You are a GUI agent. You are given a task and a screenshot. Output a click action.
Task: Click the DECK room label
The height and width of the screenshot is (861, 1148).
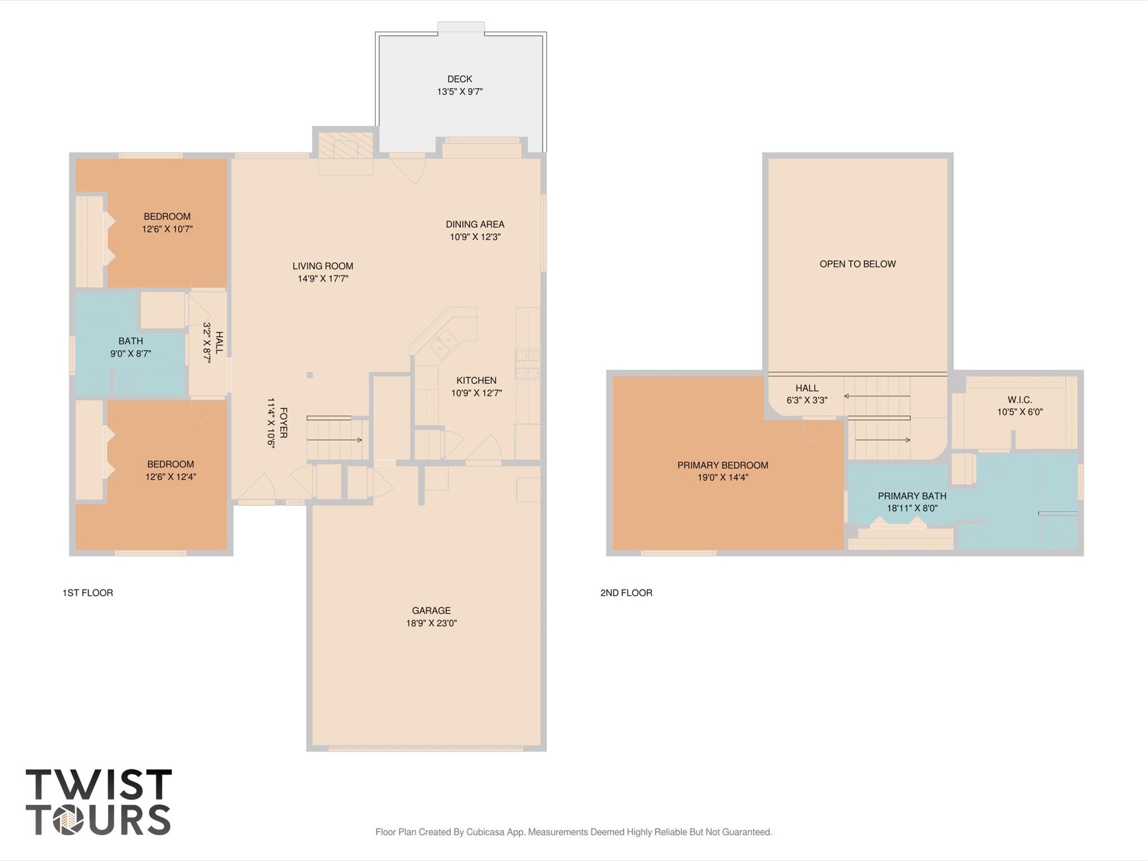(459, 79)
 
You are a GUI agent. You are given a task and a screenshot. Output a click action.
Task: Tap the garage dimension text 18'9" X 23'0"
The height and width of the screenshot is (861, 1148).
(431, 623)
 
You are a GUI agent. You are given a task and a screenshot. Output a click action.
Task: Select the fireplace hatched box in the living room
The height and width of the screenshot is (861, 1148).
(345, 145)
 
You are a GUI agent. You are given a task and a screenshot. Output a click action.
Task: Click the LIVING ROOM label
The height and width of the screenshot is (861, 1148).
(322, 266)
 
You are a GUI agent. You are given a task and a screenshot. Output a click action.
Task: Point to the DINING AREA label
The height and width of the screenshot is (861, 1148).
(475, 224)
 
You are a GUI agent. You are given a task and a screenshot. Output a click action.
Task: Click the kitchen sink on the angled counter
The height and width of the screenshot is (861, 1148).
(444, 343)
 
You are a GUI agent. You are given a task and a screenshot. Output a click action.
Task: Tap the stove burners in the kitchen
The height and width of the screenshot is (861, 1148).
(527, 363)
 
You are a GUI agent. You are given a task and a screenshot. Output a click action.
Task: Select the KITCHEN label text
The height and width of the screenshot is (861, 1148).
(476, 380)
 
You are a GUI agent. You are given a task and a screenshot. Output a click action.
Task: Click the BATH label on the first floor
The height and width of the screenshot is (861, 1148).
(131, 341)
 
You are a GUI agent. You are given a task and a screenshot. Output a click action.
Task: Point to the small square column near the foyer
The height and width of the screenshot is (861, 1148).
(310, 375)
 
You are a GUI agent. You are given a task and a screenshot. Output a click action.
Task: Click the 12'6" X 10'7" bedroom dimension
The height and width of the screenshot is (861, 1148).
(167, 229)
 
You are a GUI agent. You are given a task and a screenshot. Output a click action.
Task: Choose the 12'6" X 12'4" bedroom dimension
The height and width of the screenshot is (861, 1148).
(170, 477)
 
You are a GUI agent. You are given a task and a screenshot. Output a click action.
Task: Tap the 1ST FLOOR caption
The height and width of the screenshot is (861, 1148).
(87, 593)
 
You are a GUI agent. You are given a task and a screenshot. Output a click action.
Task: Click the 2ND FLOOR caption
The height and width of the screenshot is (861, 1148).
(626, 593)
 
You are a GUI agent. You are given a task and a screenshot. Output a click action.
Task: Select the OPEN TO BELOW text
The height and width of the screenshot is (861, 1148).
(857, 264)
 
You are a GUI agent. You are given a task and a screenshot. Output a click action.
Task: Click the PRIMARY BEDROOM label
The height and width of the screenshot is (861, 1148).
(722, 465)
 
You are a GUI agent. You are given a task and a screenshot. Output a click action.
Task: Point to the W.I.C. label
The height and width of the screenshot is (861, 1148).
(1019, 400)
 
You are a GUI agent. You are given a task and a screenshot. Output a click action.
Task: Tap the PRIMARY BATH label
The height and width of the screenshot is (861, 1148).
(912, 496)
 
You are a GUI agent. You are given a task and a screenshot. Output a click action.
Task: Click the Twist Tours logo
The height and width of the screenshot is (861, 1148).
(99, 802)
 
